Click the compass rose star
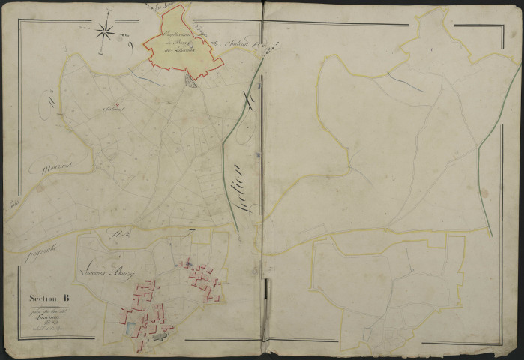pyautogui.click(x=106, y=31)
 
